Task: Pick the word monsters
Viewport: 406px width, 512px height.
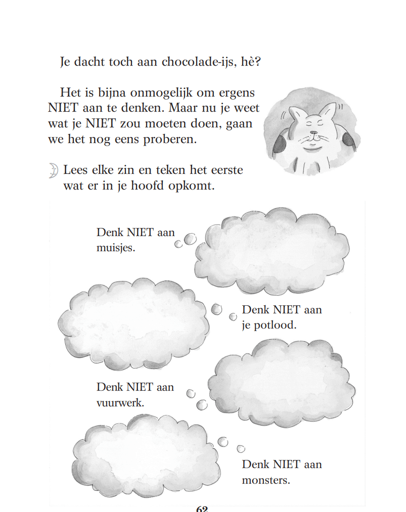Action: pos(266,480)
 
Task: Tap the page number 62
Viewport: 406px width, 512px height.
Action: pos(202,508)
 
